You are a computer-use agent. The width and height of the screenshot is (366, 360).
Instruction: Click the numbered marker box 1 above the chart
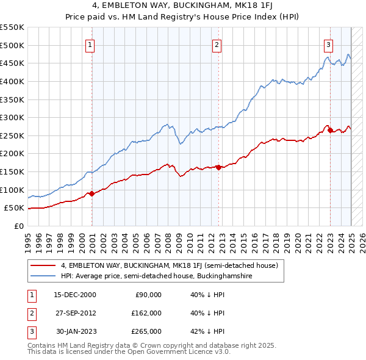pyautogui.click(x=90, y=44)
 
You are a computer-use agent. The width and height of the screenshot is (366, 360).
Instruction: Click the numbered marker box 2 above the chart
pyautogui.click(x=217, y=44)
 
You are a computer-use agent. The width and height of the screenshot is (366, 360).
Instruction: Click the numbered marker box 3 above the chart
pyautogui.click(x=328, y=44)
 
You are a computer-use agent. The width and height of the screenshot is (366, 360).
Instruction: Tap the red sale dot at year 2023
pyautogui.click(x=330, y=130)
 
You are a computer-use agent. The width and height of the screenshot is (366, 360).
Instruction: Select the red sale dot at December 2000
pyautogui.click(x=92, y=193)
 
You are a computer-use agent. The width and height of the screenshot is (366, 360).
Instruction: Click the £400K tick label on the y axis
pyautogui.click(x=12, y=81)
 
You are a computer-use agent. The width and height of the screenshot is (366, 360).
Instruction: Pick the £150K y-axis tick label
pyautogui.click(x=12, y=171)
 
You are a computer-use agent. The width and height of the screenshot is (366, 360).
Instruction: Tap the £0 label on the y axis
pyautogui.click(x=18, y=226)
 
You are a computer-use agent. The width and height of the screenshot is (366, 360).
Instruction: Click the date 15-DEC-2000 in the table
pyautogui.click(x=75, y=295)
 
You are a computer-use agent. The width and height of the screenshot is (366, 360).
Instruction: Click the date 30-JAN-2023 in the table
pyautogui.click(x=76, y=331)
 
